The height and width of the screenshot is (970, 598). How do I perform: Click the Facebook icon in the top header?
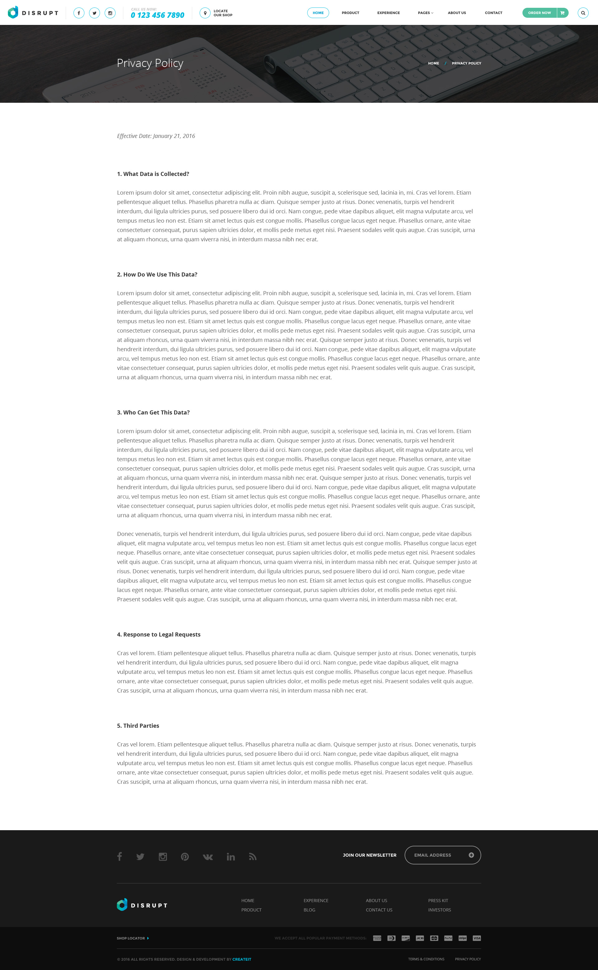point(79,13)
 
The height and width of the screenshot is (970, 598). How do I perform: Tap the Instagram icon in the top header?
point(110,13)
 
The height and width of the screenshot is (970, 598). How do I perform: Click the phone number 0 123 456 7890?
point(157,15)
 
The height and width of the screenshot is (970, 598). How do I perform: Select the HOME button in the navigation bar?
point(318,13)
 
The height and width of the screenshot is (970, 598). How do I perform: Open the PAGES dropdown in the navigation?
point(425,13)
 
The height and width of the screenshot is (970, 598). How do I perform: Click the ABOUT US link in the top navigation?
point(457,13)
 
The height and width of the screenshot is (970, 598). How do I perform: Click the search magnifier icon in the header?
point(583,13)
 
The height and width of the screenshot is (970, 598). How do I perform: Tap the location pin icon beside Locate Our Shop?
point(205,13)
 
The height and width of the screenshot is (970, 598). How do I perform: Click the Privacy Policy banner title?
point(150,63)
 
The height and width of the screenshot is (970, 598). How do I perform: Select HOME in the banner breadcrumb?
point(434,63)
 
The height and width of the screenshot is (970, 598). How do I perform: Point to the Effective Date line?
point(156,136)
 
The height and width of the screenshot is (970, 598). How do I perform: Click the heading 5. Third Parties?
point(138,726)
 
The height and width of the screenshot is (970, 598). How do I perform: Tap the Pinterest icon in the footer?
point(185,857)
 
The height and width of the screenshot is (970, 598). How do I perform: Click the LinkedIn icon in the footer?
point(230,857)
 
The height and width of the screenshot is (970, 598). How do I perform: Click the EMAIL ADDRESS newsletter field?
point(437,855)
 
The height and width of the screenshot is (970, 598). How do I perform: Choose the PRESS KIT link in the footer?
point(438,901)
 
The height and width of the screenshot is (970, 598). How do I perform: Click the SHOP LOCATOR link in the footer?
point(131,938)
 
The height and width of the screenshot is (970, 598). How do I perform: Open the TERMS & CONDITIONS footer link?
point(426,959)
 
